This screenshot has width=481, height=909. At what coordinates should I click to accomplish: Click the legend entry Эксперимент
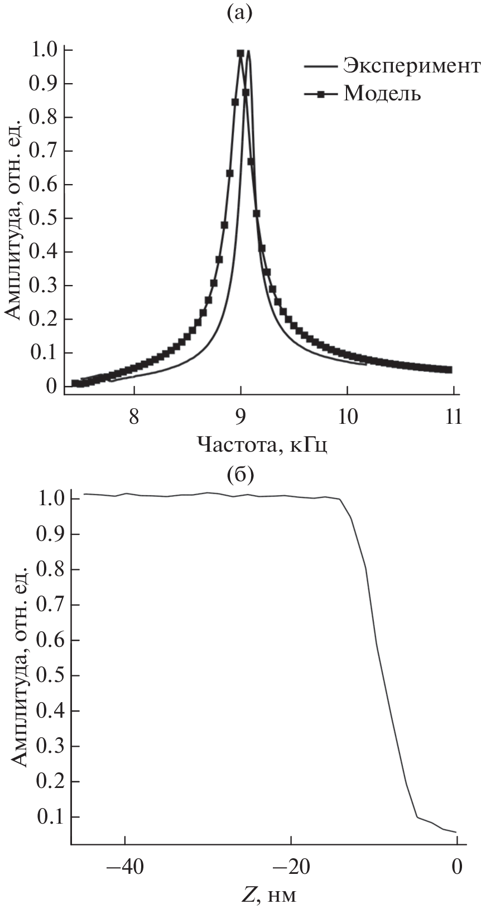coord(411,66)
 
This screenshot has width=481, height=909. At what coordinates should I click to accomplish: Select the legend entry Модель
coord(382,93)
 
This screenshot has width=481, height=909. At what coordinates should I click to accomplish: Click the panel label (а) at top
coord(240,13)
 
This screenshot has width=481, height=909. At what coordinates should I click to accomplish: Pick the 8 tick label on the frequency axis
coord(134,417)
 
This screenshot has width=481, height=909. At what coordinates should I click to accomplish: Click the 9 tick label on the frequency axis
coord(240,417)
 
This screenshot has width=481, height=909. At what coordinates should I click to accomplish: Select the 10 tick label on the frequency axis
coord(347,417)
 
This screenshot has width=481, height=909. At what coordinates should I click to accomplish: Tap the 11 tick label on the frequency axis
coord(453,417)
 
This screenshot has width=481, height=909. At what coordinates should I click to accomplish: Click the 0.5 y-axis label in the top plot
coord(45,218)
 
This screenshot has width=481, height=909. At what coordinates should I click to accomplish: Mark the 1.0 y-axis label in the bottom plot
coord(50,499)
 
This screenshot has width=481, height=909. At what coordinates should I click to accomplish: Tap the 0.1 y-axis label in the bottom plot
coord(50,817)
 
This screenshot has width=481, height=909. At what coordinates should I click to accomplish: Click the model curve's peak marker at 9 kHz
coord(240,54)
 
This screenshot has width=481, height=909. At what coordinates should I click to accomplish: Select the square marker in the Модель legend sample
coord(321,94)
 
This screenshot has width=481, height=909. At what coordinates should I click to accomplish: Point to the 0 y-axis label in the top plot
coord(51,386)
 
